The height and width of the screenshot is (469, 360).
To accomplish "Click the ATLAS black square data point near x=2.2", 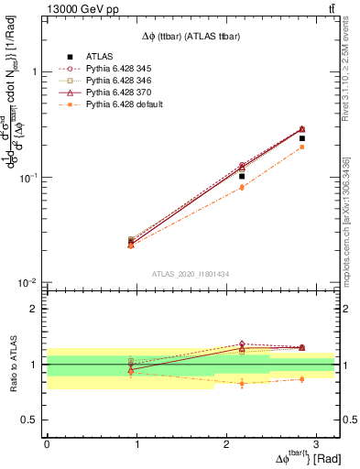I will (x=242, y=176).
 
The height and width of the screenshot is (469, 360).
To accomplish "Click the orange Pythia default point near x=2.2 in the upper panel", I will (x=242, y=187).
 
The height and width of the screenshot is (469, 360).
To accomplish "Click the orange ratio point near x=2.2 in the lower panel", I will (x=242, y=383).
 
